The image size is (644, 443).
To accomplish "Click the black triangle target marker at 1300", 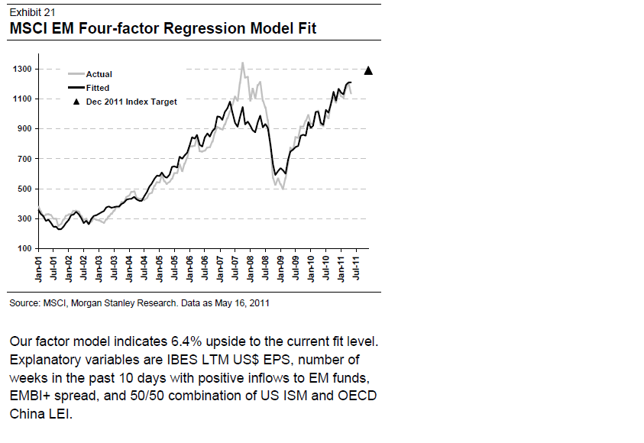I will click(x=368, y=71).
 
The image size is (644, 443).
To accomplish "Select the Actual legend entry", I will click(x=99, y=74).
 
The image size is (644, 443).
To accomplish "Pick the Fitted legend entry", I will click(x=98, y=88).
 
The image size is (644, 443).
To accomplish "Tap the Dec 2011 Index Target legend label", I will click(x=131, y=102).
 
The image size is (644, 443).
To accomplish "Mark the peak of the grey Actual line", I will click(x=242, y=63).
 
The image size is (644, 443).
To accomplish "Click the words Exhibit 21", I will click(x=32, y=12).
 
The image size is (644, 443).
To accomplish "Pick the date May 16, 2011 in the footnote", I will click(x=243, y=304).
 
